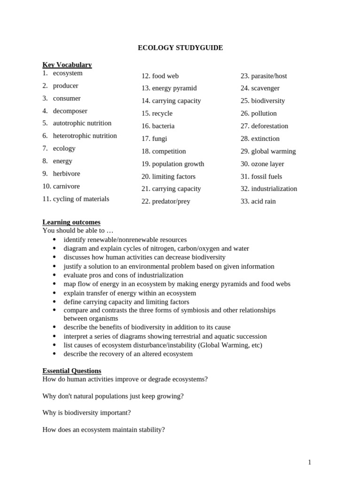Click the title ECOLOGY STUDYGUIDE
180,48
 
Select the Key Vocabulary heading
67,65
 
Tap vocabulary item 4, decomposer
70,111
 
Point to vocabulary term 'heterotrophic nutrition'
85,136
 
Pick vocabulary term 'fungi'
159,139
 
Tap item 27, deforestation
269,126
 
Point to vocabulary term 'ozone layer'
267,164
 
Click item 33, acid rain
263,202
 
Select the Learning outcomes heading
71,222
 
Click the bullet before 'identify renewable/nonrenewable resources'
55,240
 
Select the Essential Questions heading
71,371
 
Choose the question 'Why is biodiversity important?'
86,412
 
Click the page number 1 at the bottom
309,462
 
